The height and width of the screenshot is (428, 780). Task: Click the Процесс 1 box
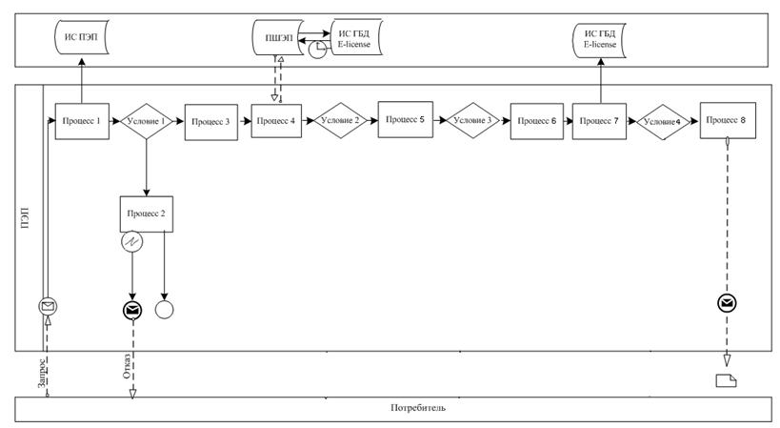82,121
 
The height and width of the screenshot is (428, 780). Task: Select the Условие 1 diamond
147,121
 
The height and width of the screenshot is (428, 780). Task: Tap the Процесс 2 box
147,214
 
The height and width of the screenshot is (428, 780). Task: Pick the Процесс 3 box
211,122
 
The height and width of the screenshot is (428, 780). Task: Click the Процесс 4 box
276,121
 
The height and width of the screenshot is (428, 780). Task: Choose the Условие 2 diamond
340,120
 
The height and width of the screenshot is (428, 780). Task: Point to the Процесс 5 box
406,119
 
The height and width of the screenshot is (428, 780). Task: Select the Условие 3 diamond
472,120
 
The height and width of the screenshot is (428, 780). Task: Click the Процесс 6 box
537,121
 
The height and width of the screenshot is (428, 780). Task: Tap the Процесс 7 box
599,121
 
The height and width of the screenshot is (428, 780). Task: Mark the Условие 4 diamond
663,122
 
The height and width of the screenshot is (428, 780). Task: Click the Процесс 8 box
728,120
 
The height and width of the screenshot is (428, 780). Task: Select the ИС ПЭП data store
82,38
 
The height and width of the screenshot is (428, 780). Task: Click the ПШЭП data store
277,38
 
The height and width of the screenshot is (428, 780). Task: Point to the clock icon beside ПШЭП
317,50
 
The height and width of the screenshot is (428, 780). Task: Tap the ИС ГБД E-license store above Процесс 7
599,40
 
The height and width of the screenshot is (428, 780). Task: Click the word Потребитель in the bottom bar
418,408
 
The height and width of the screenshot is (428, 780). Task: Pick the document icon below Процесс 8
726,380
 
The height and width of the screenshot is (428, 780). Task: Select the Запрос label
43,373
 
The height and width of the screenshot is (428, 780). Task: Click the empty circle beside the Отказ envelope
165,310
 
